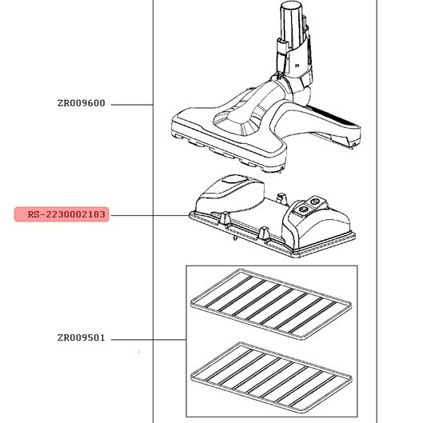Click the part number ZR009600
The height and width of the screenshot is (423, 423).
coord(82,103)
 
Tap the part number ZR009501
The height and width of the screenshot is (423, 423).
coord(82,337)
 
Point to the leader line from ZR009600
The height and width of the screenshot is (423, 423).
coord(132,105)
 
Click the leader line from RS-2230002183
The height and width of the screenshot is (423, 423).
coord(150,216)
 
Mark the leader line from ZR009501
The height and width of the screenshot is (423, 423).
coord(149,340)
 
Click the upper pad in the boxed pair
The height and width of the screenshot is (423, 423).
coord(271,304)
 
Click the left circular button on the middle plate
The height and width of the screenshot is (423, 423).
coord(304,209)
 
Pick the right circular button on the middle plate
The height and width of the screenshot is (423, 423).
coord(314,202)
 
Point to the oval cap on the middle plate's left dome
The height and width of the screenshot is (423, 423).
coord(234,179)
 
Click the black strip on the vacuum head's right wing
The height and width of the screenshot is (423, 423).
coord(333,116)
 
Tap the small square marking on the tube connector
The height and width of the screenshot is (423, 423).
coord(297,66)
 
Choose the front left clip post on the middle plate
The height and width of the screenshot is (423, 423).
coord(225,218)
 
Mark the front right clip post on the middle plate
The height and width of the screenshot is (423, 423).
coord(263,233)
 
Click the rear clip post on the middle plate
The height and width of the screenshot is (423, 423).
coord(281,198)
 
